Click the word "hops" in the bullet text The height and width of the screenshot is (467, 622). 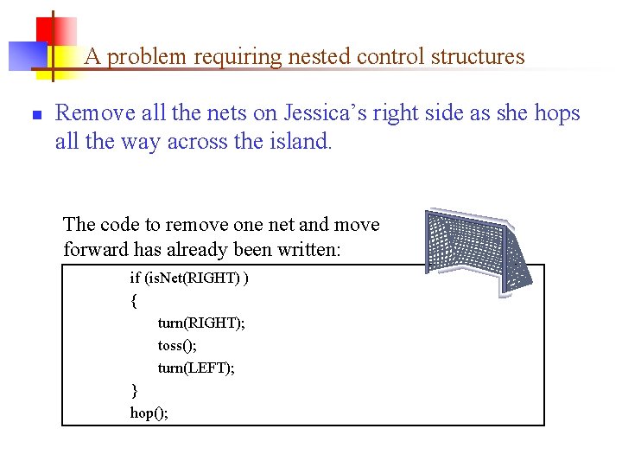[557, 113]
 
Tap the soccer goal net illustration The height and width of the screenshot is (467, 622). [476, 252]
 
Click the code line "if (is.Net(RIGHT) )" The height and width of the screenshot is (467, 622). [189, 278]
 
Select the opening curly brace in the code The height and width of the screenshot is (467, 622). [134, 301]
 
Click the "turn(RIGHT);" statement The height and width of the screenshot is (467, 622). [201, 323]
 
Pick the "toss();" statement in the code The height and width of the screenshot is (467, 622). [178, 346]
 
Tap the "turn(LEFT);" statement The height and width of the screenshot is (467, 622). [196, 368]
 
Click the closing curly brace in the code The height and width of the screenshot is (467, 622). [134, 391]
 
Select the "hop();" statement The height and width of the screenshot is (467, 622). [149, 413]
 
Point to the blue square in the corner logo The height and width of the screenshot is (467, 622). [26, 55]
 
